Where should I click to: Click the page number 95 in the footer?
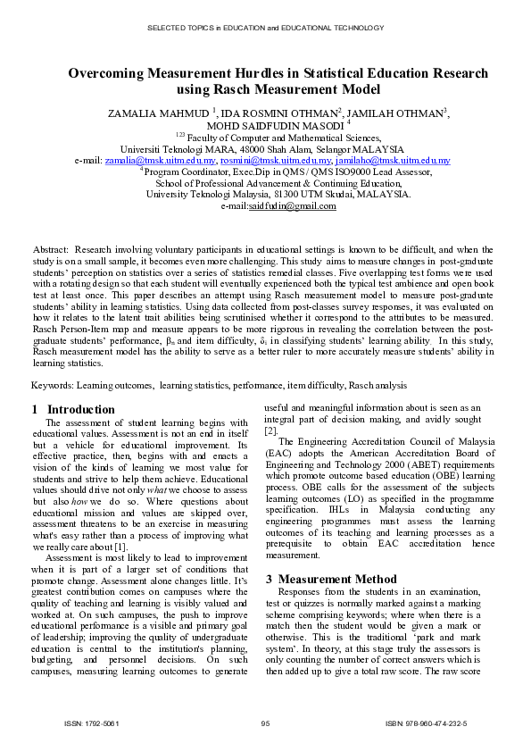pos(265,722)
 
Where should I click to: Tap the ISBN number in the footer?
pos(426,722)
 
